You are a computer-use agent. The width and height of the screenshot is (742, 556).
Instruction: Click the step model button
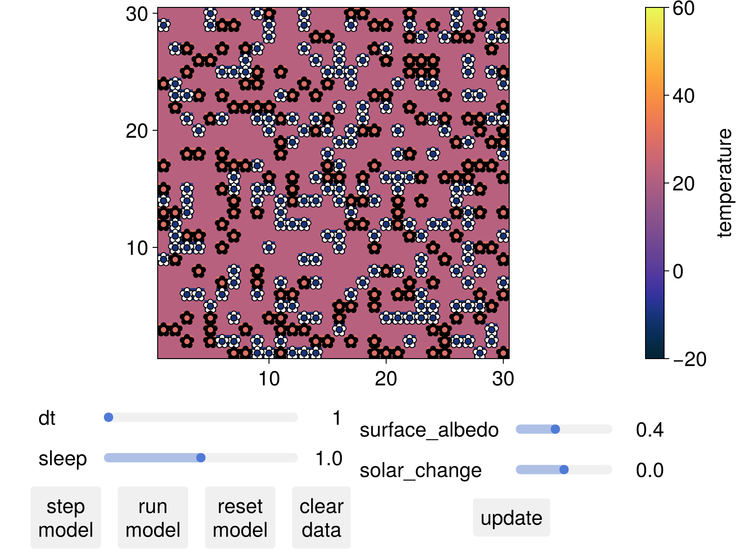(65, 518)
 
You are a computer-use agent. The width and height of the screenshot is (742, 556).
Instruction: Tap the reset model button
(240, 518)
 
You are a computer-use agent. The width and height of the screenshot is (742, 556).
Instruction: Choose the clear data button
(321, 518)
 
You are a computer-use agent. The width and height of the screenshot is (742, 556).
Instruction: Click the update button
(511, 518)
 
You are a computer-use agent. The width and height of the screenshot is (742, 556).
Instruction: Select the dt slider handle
(109, 417)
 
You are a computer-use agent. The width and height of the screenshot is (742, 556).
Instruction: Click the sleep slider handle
(201, 458)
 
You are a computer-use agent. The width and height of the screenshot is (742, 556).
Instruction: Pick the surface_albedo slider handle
(555, 430)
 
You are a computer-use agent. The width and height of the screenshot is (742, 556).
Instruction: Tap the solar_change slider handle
(564, 470)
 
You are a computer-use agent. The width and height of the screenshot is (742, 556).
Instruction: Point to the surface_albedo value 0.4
(649, 430)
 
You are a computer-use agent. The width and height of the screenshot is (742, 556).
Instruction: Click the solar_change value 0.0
(649, 470)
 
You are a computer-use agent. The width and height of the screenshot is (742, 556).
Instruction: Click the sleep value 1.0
(328, 458)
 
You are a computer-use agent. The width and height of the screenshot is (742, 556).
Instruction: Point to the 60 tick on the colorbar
(683, 8)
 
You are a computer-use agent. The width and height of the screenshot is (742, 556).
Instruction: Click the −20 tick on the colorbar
(690, 359)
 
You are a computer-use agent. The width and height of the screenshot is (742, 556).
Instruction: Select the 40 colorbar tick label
(683, 96)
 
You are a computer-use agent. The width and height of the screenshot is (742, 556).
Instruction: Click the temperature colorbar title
(724, 183)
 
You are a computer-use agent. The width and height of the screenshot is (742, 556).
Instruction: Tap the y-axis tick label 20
(137, 131)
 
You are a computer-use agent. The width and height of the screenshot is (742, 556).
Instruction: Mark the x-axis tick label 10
(269, 379)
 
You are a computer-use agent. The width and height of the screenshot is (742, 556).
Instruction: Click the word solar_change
(421, 470)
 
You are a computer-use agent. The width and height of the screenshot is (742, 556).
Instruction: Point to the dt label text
(47, 418)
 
